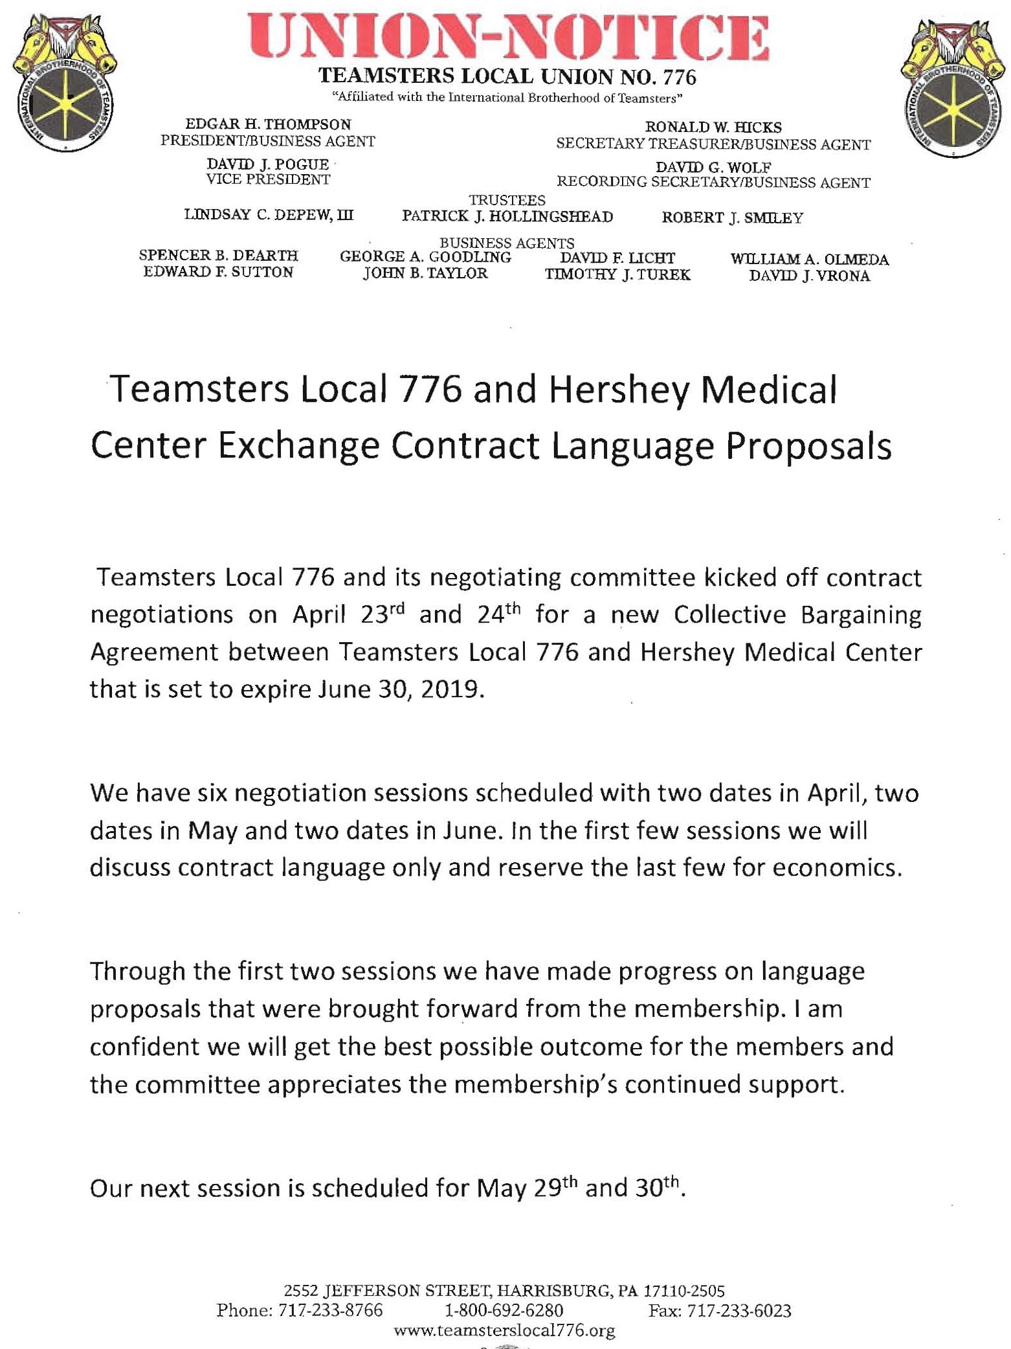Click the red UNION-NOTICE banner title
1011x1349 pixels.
[507, 38]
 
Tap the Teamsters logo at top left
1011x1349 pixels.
[65, 84]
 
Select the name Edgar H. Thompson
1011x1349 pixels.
[268, 124]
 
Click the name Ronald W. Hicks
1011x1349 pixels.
[713, 128]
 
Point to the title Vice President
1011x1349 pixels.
[268, 180]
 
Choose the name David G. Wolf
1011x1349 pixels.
[713, 168]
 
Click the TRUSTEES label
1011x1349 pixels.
[507, 201]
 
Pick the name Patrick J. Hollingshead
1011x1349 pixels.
[507, 217]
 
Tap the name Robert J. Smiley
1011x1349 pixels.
[732, 218]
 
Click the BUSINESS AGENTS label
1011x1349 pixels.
[507, 243]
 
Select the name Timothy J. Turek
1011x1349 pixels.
[617, 275]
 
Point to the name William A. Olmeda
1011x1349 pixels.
[810, 260]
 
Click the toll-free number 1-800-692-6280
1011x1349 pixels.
[504, 1311]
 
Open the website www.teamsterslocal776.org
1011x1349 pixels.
[504, 1331]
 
